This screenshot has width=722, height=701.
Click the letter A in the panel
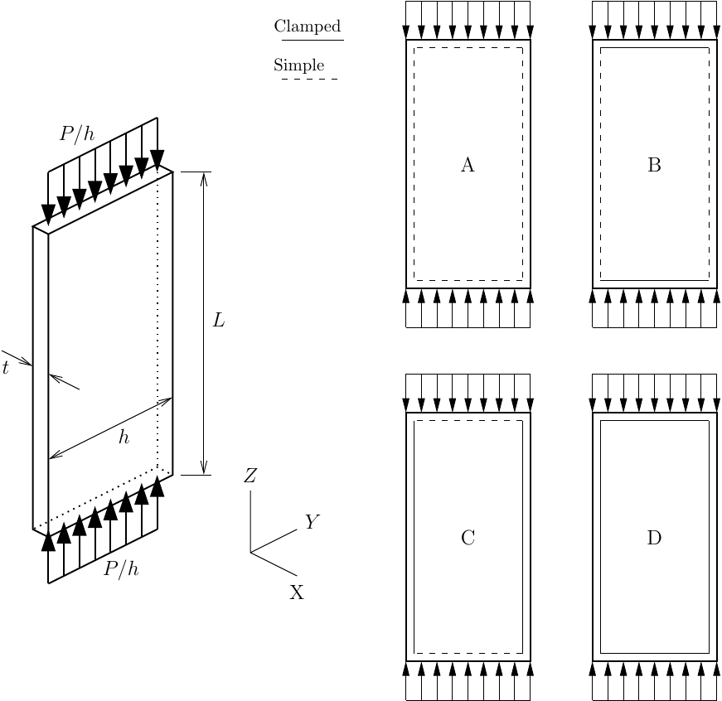tap(468, 166)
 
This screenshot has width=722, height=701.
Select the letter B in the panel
tap(654, 166)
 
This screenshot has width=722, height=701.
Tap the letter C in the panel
tap(468, 539)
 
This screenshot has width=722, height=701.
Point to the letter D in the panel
tap(654, 539)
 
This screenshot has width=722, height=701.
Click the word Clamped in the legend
tap(307, 27)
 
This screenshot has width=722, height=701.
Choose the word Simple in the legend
tap(298, 65)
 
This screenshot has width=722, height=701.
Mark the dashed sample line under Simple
tap(309, 80)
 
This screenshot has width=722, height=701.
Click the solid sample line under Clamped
tap(313, 40)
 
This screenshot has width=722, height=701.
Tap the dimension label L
tap(219, 321)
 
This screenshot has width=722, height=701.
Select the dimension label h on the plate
tap(124, 438)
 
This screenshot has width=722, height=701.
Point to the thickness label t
tap(5, 369)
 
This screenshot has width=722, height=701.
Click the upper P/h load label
tap(77, 133)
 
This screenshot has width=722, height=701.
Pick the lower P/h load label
tap(121, 569)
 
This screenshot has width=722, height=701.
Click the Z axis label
tap(250, 476)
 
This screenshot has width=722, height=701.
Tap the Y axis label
tap(312, 522)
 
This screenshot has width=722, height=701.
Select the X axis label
tap(297, 592)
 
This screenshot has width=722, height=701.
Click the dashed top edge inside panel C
tap(468, 421)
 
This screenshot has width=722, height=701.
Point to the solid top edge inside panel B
tap(655, 48)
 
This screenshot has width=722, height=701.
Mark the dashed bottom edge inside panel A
tap(468, 280)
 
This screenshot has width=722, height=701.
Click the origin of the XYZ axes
tap(250, 552)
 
